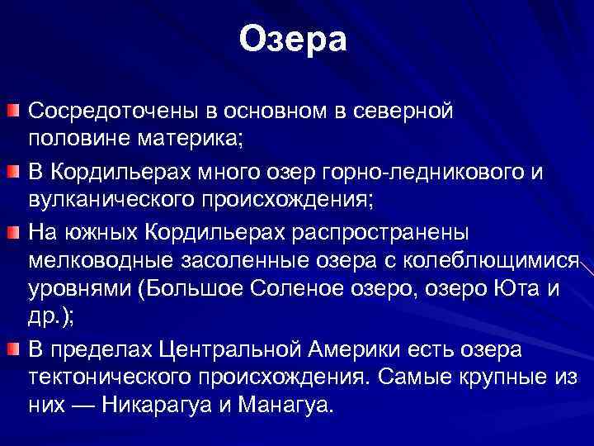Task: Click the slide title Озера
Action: pyautogui.click(x=295, y=40)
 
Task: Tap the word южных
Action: pyautogui.click(x=104, y=230)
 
